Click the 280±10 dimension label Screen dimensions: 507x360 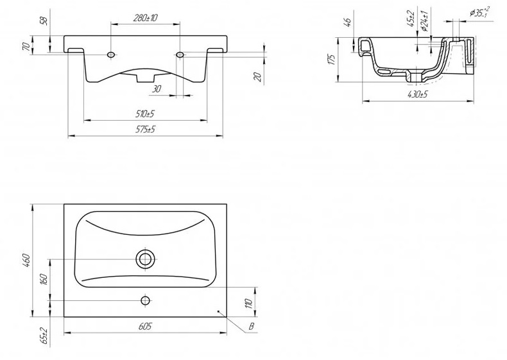[146, 17]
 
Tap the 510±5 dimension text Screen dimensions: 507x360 [145, 114]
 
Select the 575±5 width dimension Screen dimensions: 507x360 [145, 130]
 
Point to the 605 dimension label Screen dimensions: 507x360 [145, 327]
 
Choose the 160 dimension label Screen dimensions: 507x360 [44, 280]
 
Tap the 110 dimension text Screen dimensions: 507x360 [248, 304]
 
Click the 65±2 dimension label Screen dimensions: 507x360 [44, 336]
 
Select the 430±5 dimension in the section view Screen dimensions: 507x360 [417, 94]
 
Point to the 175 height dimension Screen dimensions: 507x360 [331, 60]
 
